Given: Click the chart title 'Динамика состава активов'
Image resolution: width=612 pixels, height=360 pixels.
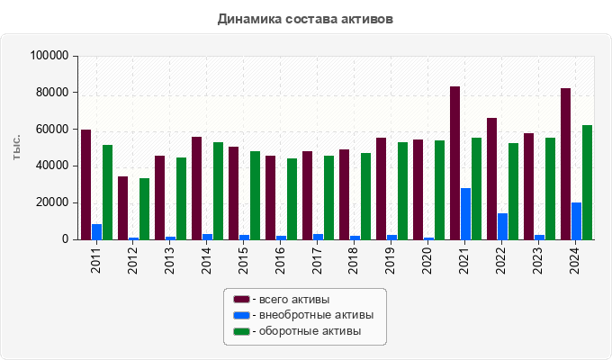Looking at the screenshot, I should [x=305, y=18].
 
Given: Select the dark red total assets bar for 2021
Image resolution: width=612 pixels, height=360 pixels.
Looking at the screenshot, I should [x=454, y=163].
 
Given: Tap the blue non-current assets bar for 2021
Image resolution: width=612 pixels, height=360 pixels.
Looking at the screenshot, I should [x=465, y=214].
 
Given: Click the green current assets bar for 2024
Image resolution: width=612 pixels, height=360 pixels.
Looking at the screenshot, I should [x=587, y=183].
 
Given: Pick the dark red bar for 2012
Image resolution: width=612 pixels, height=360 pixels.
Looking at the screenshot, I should [x=122, y=208].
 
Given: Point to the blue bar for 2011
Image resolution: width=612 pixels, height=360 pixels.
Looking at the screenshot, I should [x=96, y=232].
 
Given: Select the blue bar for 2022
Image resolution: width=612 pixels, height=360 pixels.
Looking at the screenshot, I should [x=502, y=227].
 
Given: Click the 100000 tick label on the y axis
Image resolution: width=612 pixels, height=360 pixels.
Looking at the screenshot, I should [x=49, y=56].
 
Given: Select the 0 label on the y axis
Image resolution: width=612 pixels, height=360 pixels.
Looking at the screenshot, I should [x=64, y=239].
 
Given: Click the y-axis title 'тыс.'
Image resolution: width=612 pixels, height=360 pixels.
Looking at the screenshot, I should [x=17, y=148].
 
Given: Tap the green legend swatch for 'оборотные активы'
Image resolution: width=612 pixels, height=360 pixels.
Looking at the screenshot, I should [x=241, y=332].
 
